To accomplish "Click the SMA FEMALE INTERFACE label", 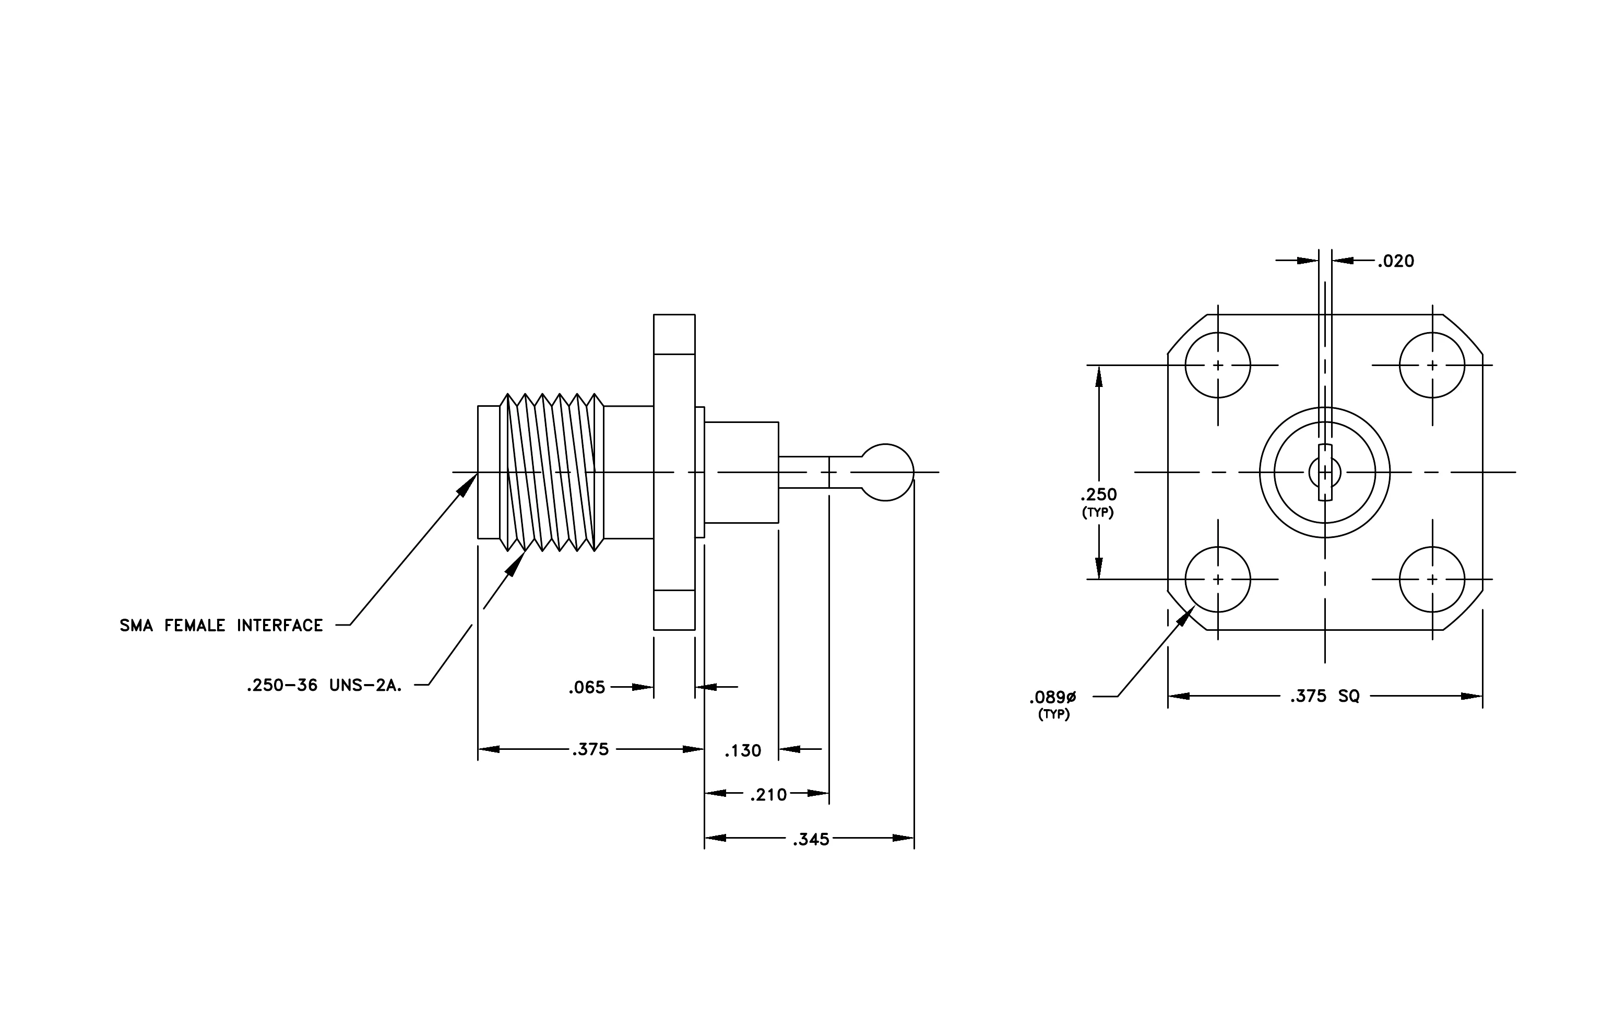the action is [x=221, y=626].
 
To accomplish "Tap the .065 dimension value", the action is [x=587, y=687].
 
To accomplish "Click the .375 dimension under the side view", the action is [x=591, y=749].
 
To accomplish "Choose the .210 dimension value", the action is [x=768, y=794].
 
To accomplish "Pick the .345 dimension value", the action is [x=811, y=840].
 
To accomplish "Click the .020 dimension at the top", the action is [x=1396, y=261].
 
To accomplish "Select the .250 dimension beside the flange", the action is [x=1098, y=495].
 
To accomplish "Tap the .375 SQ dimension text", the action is [x=1325, y=696].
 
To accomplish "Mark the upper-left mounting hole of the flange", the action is [x=1218, y=366].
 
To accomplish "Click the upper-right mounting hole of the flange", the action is [x=1432, y=366].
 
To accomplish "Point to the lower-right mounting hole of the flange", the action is [x=1432, y=580].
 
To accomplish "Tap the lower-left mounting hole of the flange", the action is [x=1218, y=580].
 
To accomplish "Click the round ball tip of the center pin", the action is [x=887, y=473].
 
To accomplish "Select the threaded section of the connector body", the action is [x=552, y=473].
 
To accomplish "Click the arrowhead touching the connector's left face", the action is [x=467, y=484].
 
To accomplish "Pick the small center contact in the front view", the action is [x=1325, y=473].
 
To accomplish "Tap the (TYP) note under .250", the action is [x=1098, y=513].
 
